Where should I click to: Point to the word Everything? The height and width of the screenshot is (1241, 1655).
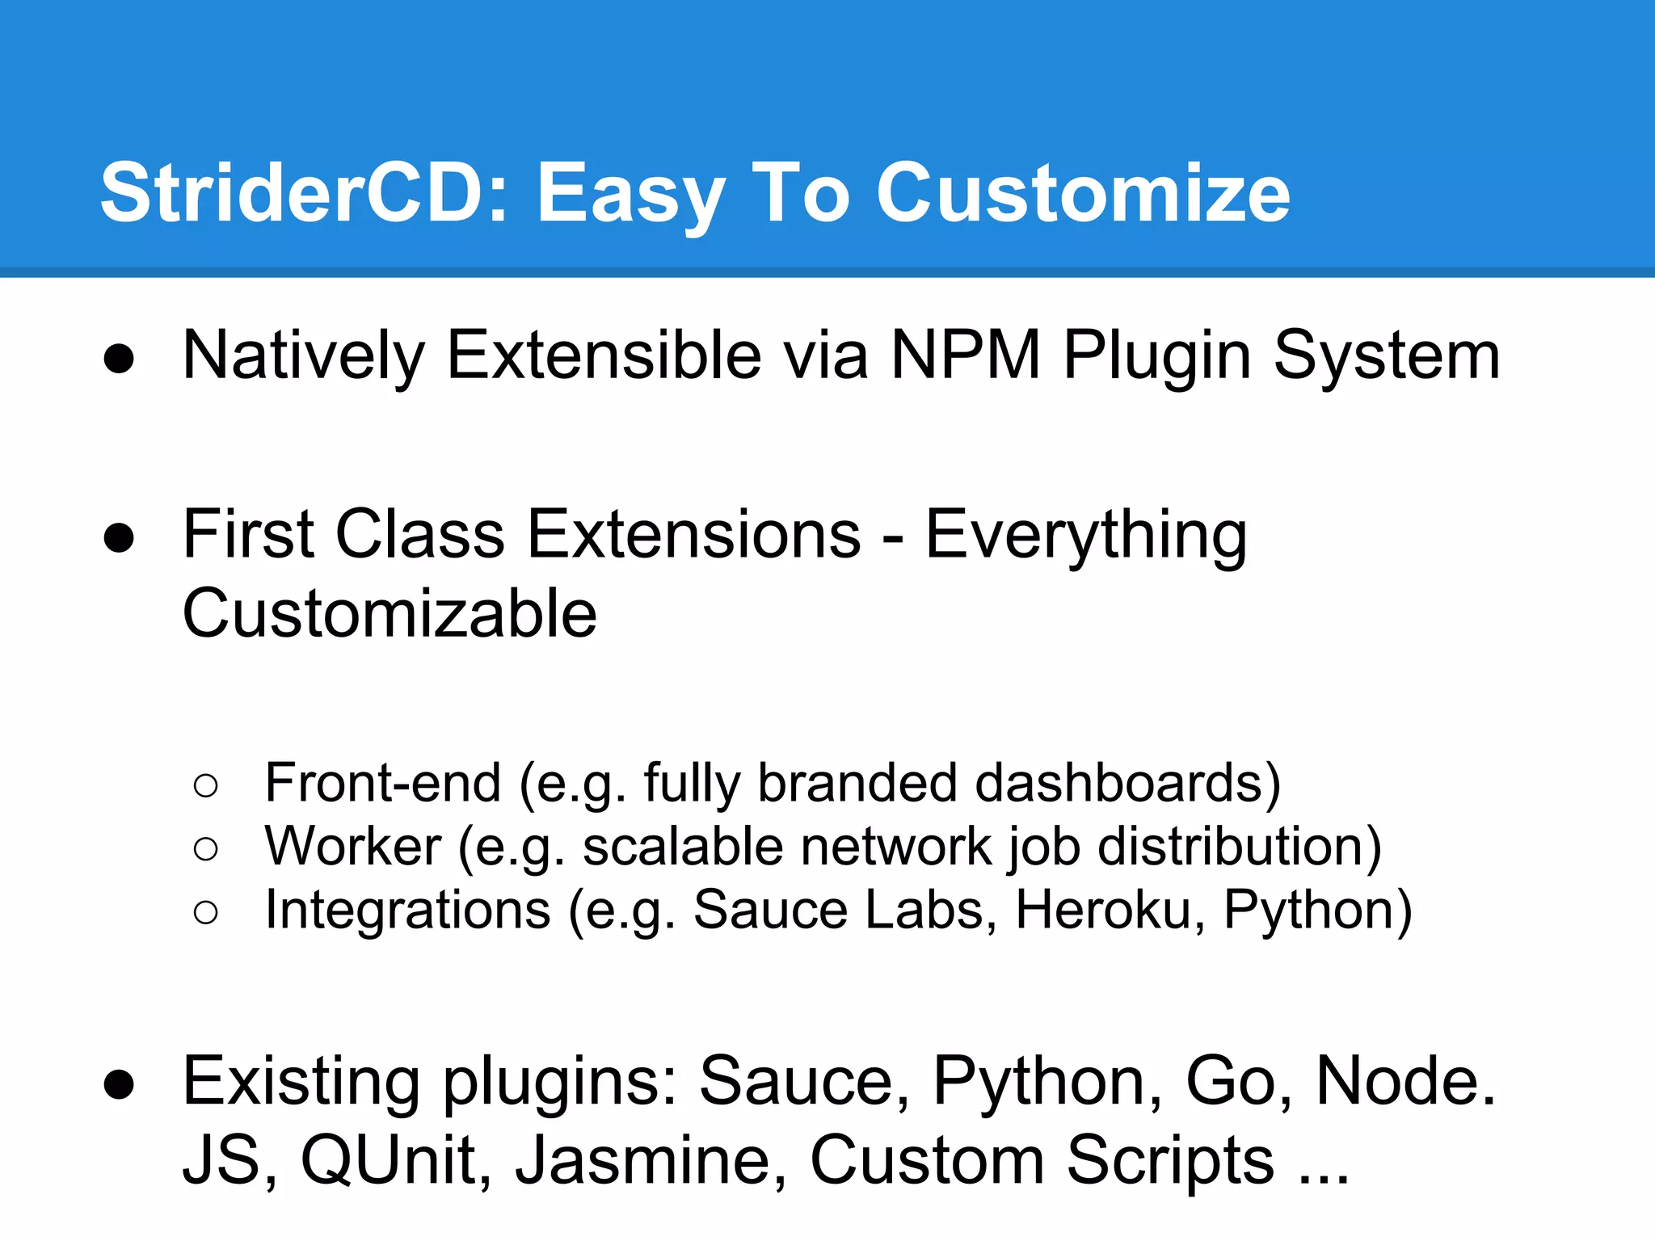coord(1085,536)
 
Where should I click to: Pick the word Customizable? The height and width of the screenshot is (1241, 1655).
coord(390,613)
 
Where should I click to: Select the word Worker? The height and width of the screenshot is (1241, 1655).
coord(353,847)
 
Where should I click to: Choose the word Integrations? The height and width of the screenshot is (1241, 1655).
coord(408,910)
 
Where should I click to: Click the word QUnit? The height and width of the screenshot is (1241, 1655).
coord(396,1160)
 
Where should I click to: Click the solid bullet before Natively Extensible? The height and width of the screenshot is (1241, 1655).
coord(119,358)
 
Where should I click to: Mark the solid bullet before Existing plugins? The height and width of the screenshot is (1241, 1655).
coord(119,1084)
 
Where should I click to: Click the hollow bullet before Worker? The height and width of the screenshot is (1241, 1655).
coord(206,848)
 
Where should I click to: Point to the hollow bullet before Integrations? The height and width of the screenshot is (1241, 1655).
coord(206,912)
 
